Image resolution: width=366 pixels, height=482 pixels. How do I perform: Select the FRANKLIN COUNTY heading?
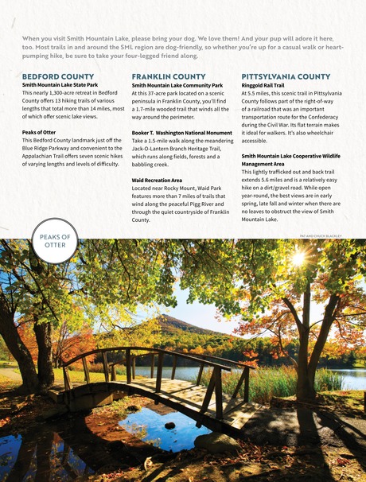click(169, 76)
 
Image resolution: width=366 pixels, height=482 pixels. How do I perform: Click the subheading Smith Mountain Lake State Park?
click(60, 84)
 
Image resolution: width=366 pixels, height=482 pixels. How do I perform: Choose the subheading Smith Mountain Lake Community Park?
click(177, 84)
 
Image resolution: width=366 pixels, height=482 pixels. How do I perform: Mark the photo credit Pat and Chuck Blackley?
click(321, 236)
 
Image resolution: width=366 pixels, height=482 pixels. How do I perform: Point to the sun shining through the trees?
click(298, 259)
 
